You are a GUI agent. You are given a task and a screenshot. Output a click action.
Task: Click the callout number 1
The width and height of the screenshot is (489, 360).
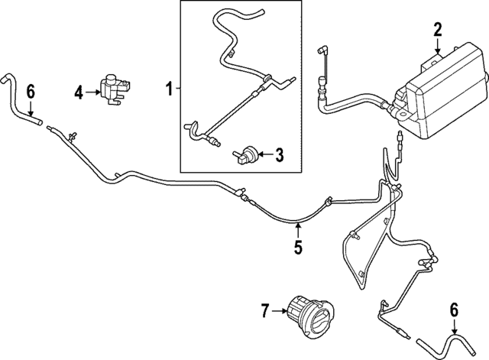coord(169,89)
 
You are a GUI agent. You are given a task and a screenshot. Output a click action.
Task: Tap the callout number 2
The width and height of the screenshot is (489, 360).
coord(437,31)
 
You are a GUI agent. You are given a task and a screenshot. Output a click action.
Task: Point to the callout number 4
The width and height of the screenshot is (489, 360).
coord(79,92)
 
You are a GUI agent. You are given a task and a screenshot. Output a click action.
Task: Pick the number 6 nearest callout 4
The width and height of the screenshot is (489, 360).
coord(31,92)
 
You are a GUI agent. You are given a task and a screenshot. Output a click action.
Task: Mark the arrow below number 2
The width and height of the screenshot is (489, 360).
coord(438,46)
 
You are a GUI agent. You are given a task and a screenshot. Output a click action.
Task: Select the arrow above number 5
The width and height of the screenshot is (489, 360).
coord(299,230)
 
